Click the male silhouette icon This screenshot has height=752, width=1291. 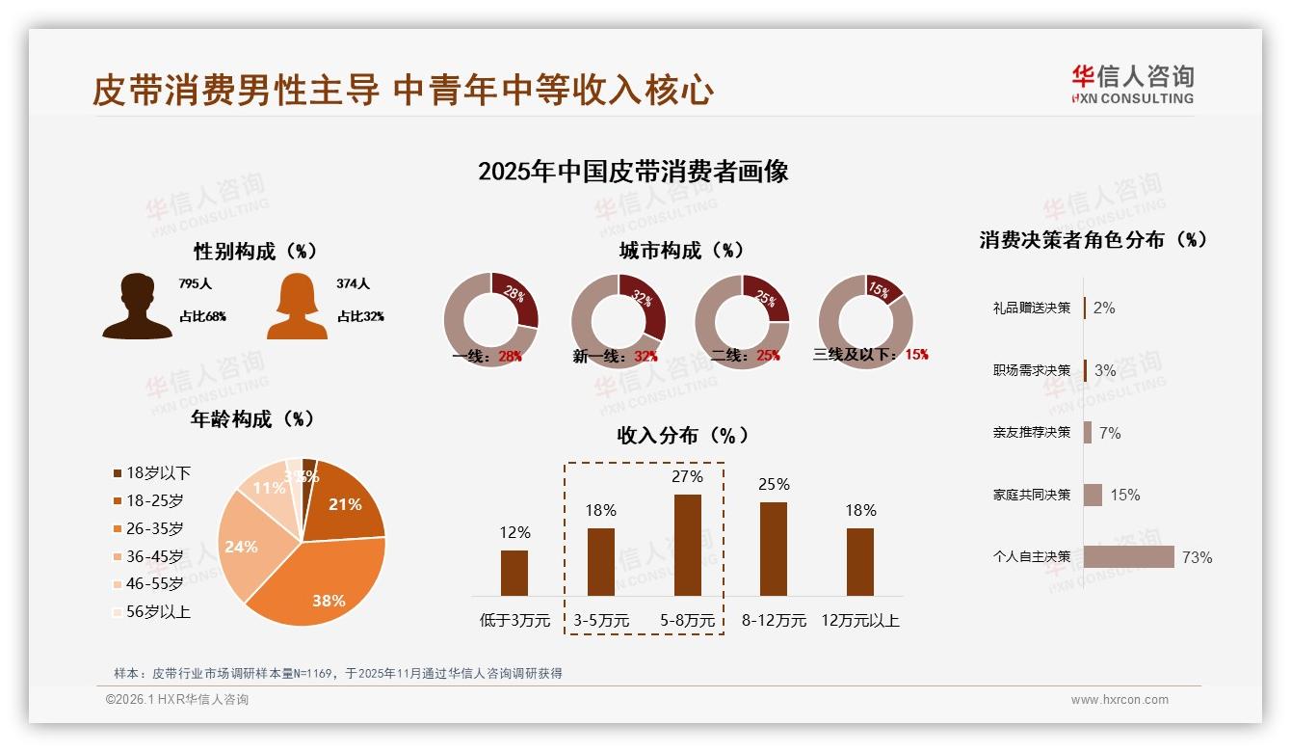pyautogui.click(x=138, y=307)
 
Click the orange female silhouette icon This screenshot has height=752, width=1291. pyautogui.click(x=297, y=307)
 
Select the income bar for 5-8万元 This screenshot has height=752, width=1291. pyautogui.click(x=687, y=545)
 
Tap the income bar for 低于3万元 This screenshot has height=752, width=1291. pyautogui.click(x=514, y=573)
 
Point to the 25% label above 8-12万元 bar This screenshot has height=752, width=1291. pyautogui.click(x=774, y=484)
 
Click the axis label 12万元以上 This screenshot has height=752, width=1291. pyautogui.click(x=859, y=620)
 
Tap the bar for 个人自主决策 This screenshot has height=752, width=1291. pyautogui.click(x=1128, y=557)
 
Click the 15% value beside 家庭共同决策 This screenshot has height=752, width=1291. pyautogui.click(x=1124, y=495)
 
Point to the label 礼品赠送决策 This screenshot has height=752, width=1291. pyautogui.click(x=1031, y=308)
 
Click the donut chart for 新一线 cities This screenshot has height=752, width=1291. pyautogui.click(x=618, y=321)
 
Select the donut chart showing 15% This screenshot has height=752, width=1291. pyautogui.click(x=864, y=321)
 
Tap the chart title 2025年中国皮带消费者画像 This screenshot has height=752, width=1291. pyautogui.click(x=633, y=172)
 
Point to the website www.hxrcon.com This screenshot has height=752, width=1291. pyautogui.click(x=1119, y=700)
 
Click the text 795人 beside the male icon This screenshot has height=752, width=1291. pyautogui.click(x=195, y=284)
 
